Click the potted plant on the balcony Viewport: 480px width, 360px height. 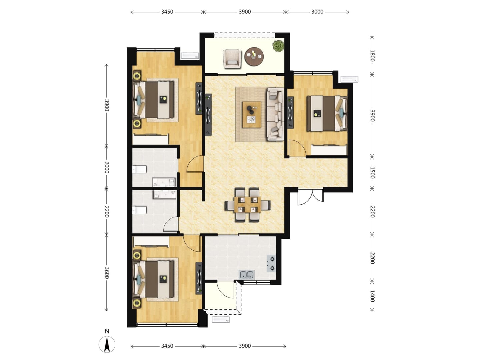(278, 46)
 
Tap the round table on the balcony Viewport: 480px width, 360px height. (254, 56)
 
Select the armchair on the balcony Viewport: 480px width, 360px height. (232, 59)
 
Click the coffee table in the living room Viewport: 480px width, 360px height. (251, 115)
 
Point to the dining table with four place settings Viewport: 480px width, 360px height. (247, 205)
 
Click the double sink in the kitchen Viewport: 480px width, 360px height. (247, 275)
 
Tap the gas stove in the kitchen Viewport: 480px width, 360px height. (271, 264)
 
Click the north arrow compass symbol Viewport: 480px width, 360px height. (107, 345)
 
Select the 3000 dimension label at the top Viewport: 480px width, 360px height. (317, 12)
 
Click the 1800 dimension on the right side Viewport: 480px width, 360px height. (372, 56)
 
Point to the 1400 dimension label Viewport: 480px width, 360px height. (372, 296)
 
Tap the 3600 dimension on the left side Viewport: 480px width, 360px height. (106, 273)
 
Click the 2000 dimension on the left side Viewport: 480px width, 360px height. (106, 167)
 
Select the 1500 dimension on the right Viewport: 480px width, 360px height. (372, 173)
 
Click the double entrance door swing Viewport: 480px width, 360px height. (311, 197)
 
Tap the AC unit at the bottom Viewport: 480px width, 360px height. (221, 320)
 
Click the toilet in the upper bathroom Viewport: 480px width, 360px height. (139, 169)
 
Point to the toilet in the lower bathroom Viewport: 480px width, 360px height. (139, 210)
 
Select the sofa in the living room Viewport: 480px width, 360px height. (275, 114)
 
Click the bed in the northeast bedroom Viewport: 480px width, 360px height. (327, 113)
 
